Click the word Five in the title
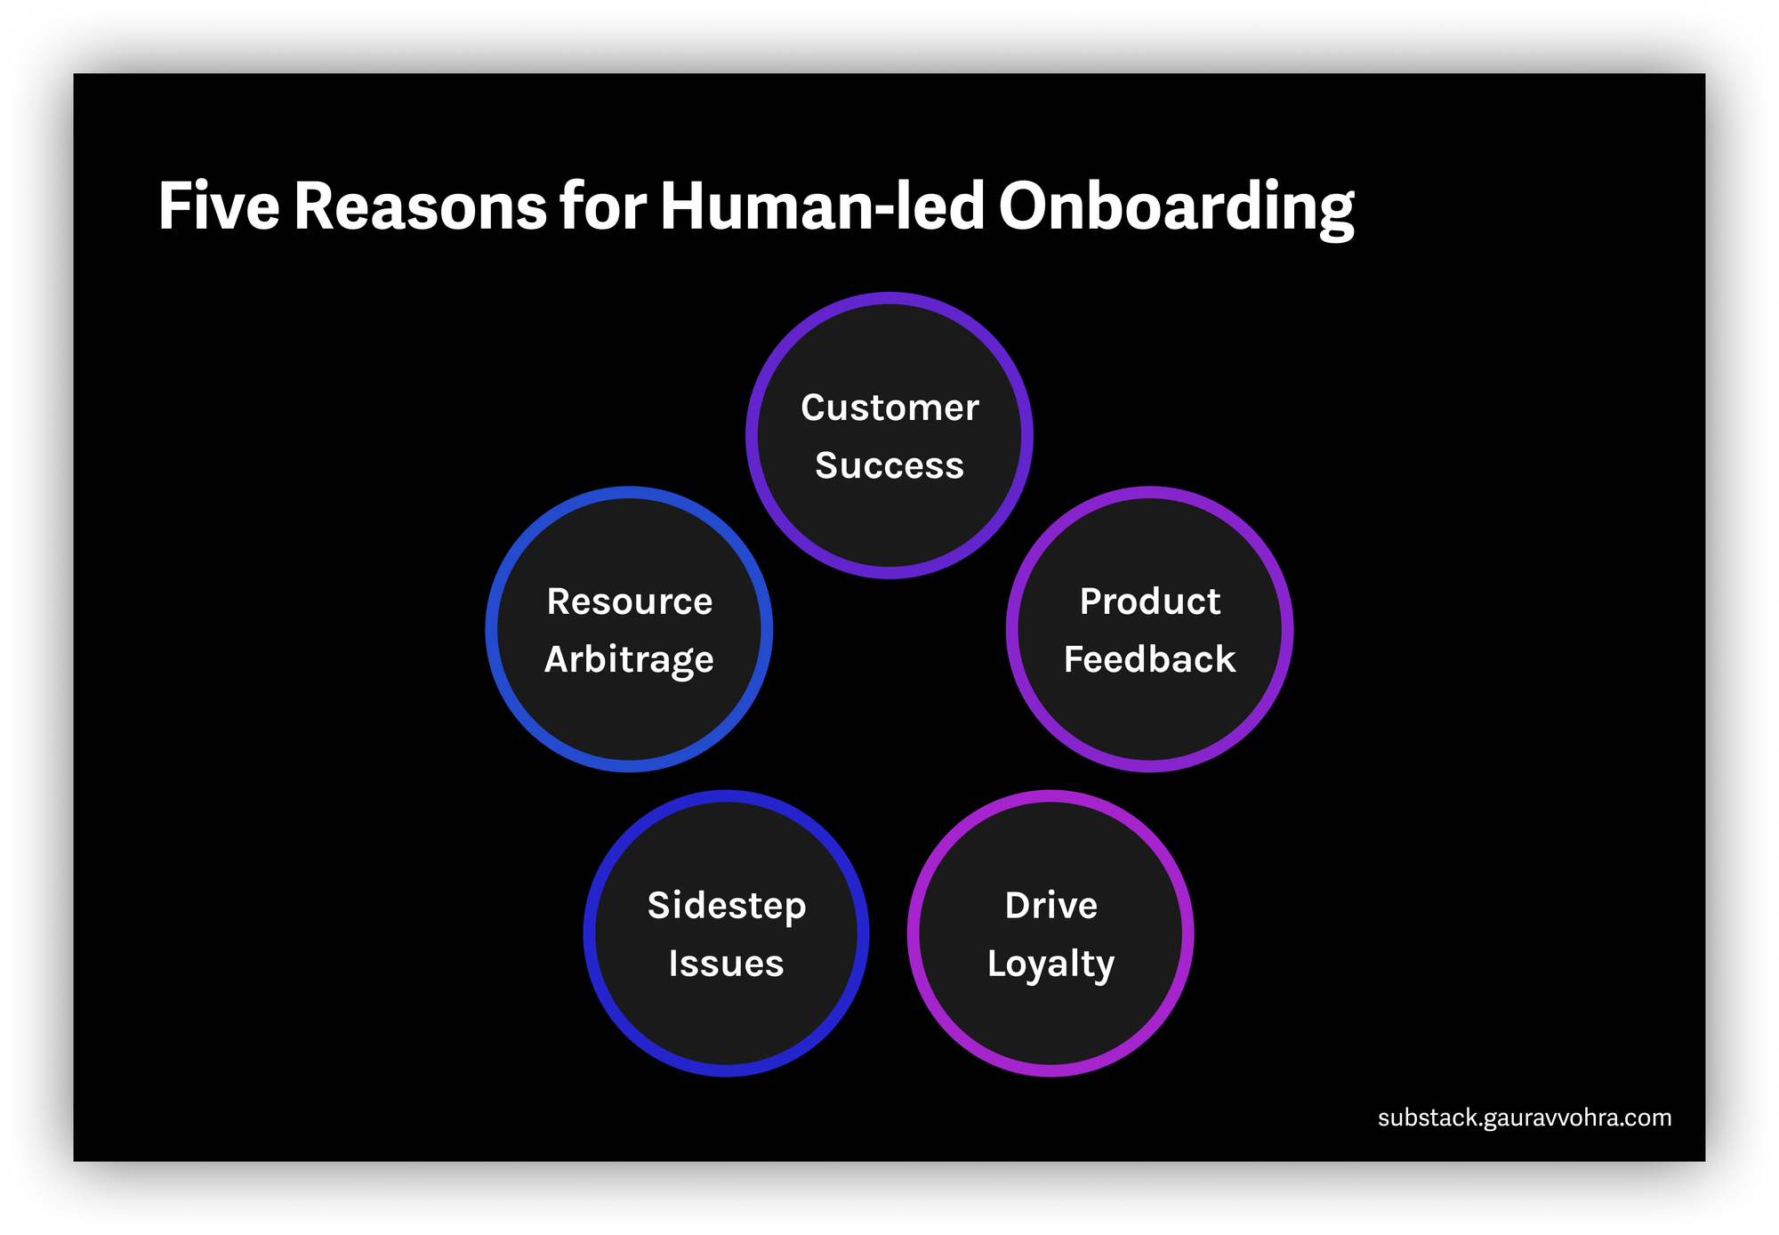[219, 206]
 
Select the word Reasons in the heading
[420, 206]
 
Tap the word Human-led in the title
[822, 206]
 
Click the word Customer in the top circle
[889, 408]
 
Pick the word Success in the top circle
[889, 465]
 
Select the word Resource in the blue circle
[630, 601]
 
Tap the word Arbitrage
[629, 660]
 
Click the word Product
[1150, 601]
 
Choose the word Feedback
[1150, 659]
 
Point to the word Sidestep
[727, 906]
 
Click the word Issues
[727, 964]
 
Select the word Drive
[1051, 906]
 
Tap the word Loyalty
[1050, 965]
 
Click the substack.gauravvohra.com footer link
[1525, 1118]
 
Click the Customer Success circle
[889, 525]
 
